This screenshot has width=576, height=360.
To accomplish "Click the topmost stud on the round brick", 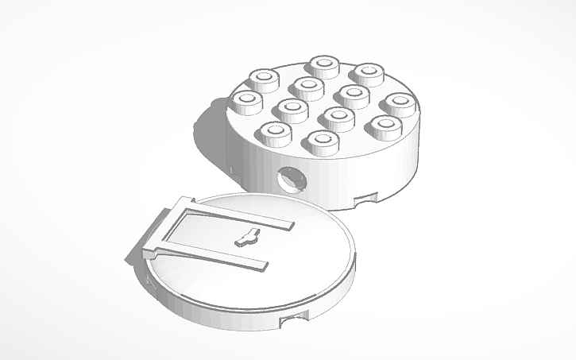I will coord(324,65).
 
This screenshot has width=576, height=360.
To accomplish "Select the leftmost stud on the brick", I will coord(247,101).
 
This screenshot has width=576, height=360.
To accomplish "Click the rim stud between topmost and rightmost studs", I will coord(368,74).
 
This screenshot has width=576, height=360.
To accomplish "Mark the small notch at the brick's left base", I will coord(233,169).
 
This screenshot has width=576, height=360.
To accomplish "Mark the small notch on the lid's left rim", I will coord(150,280).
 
